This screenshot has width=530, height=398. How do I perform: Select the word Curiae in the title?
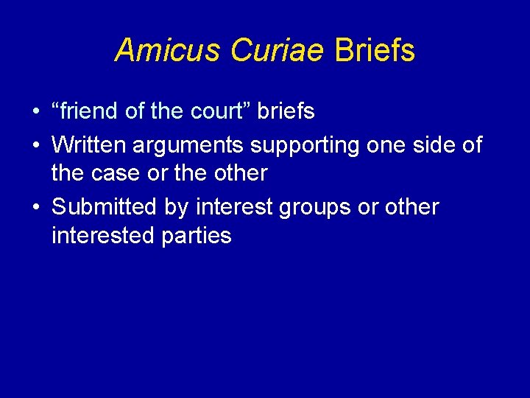click(x=278, y=50)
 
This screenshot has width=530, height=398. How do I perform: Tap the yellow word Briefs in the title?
click(x=375, y=50)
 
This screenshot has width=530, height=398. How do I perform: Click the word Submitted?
click(x=104, y=207)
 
